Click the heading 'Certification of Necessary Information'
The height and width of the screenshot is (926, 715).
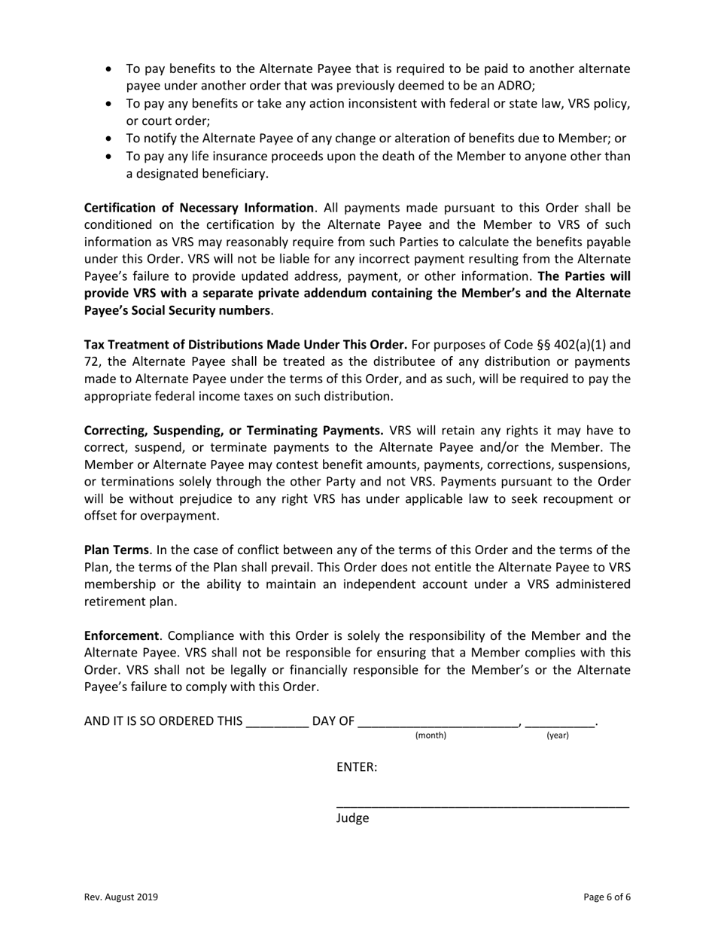coord(199,208)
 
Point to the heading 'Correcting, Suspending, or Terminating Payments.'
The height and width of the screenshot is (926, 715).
coord(234,431)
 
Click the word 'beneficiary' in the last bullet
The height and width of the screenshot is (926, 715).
coord(233,173)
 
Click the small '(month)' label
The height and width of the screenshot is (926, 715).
coord(431,736)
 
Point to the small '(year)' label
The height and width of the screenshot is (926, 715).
coord(557,736)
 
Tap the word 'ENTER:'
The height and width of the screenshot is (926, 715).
coord(357,767)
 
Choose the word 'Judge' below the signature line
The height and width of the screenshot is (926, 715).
coord(352,818)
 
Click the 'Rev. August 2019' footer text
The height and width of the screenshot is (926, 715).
coord(121,897)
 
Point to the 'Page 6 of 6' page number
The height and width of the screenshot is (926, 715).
coord(607,897)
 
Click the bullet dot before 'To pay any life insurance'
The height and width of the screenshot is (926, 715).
coord(110,157)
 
